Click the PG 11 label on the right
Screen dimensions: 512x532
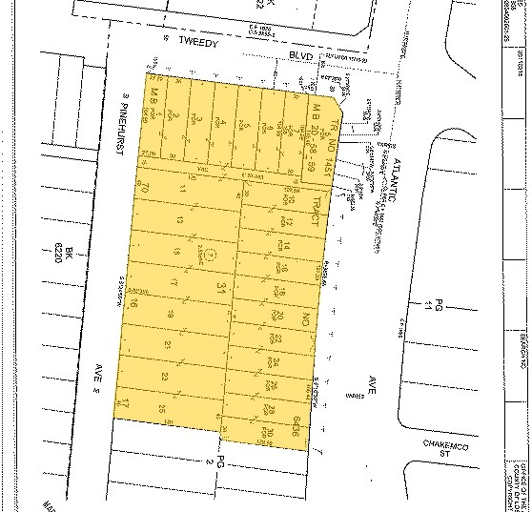435,306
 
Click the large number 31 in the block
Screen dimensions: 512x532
222,287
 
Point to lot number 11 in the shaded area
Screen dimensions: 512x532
182,191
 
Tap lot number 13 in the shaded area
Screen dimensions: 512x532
178,221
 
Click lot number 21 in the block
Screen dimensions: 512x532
168,344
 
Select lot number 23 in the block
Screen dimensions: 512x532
165,377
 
